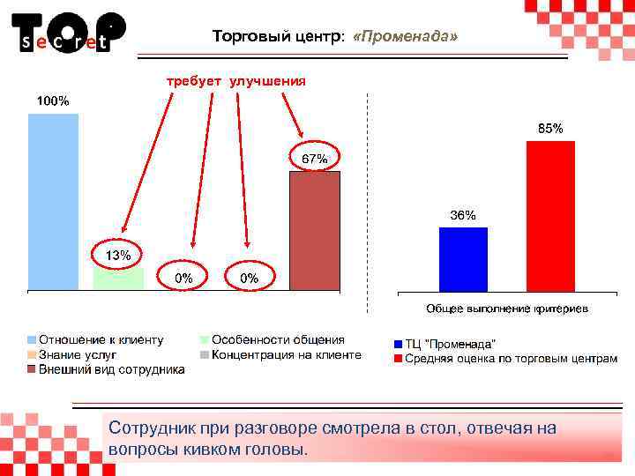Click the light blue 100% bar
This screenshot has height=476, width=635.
pos(53,201)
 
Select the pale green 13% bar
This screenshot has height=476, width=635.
pos(118,279)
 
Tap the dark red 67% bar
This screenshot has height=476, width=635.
pos(315,231)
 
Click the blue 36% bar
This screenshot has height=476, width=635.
pos(463,259)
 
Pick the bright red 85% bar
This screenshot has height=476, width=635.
pos(550,216)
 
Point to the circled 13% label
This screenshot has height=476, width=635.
pos(119,255)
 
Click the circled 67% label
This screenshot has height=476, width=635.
pos(315,159)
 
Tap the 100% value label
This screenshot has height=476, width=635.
pos(53,100)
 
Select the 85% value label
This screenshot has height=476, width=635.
pos(550,129)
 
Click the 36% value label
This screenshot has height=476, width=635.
pos(463,215)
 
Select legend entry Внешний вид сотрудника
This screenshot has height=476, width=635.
pos(110,369)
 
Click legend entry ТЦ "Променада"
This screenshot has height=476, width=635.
pos(450,343)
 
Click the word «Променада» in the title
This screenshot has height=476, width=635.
pos(405,37)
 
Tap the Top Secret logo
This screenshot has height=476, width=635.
pos(68,33)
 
